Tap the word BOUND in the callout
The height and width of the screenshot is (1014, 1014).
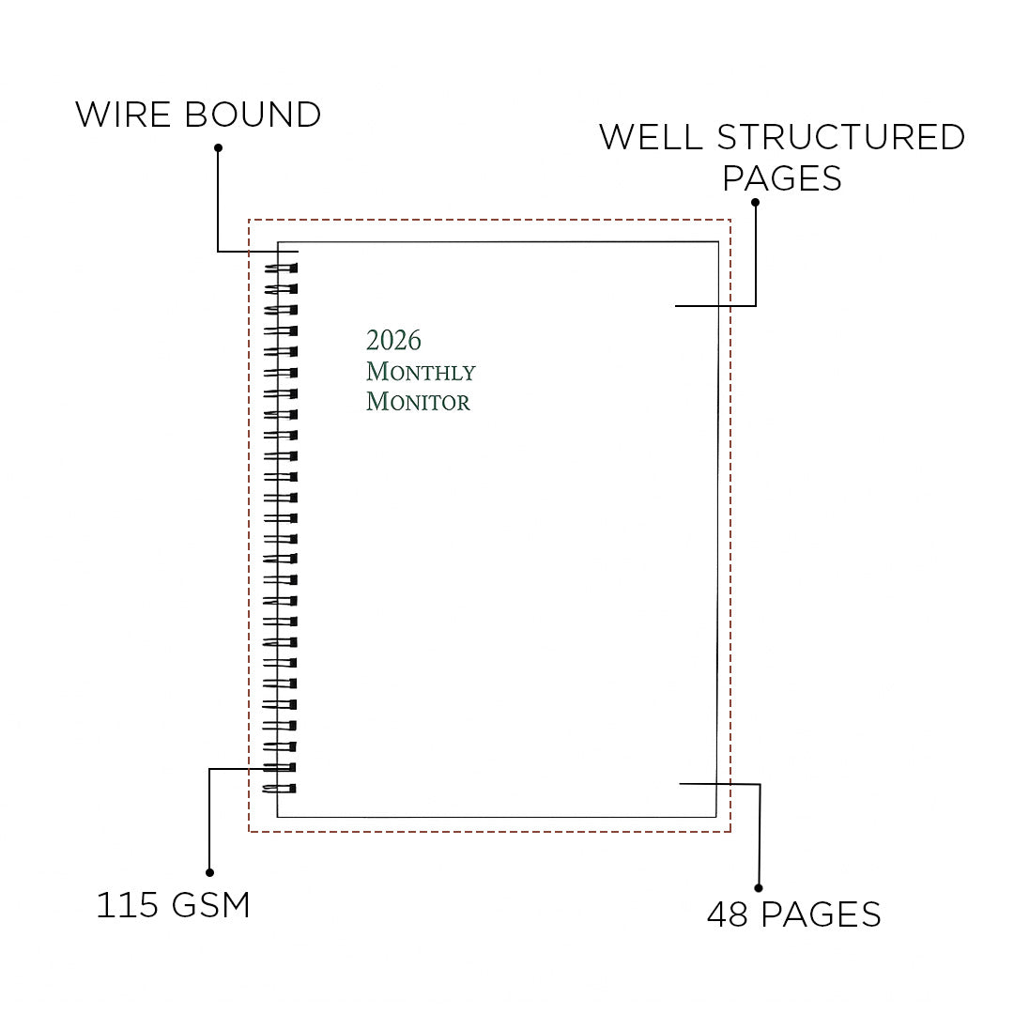tap(253, 115)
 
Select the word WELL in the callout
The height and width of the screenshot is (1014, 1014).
tap(651, 137)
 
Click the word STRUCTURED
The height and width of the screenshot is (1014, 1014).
tap(841, 137)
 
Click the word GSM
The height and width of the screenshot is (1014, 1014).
tap(211, 906)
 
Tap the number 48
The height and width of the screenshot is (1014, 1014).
tap(727, 914)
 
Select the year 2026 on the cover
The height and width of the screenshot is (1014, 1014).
tap(393, 340)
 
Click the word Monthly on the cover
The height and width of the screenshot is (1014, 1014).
tap(421, 372)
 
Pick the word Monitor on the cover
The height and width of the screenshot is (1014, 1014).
tap(418, 402)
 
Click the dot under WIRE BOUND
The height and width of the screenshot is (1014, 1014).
tap(218, 147)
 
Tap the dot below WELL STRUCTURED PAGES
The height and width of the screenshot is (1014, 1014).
tap(755, 202)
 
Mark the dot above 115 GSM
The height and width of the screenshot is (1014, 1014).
tap(209, 872)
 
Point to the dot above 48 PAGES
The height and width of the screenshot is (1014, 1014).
tap(759, 887)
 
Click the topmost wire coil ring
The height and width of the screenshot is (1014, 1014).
tap(280, 269)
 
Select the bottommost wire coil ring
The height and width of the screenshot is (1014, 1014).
tap(280, 788)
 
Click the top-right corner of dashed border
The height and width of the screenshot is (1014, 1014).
tap(730, 221)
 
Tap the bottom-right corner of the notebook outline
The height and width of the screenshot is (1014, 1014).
tap(716, 817)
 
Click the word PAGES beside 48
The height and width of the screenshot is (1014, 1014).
tap(821, 914)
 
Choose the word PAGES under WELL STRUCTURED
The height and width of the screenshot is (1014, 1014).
tap(782, 177)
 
